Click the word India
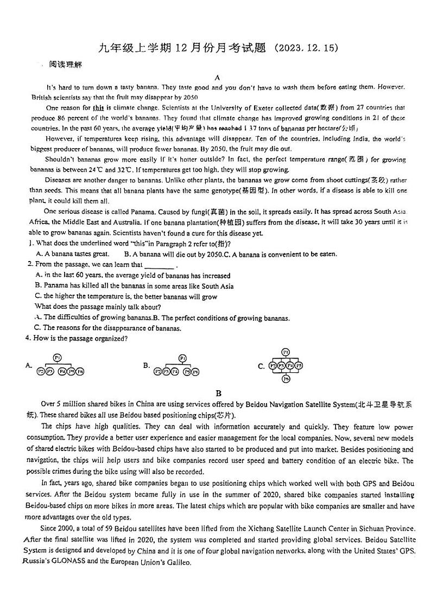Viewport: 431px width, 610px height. tap(354, 139)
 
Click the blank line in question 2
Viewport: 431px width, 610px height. tap(160, 265)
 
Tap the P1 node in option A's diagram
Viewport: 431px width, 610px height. tap(58, 357)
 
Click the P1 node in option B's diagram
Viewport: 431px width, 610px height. tap(182, 358)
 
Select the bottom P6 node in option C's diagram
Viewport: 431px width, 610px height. tap(286, 379)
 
